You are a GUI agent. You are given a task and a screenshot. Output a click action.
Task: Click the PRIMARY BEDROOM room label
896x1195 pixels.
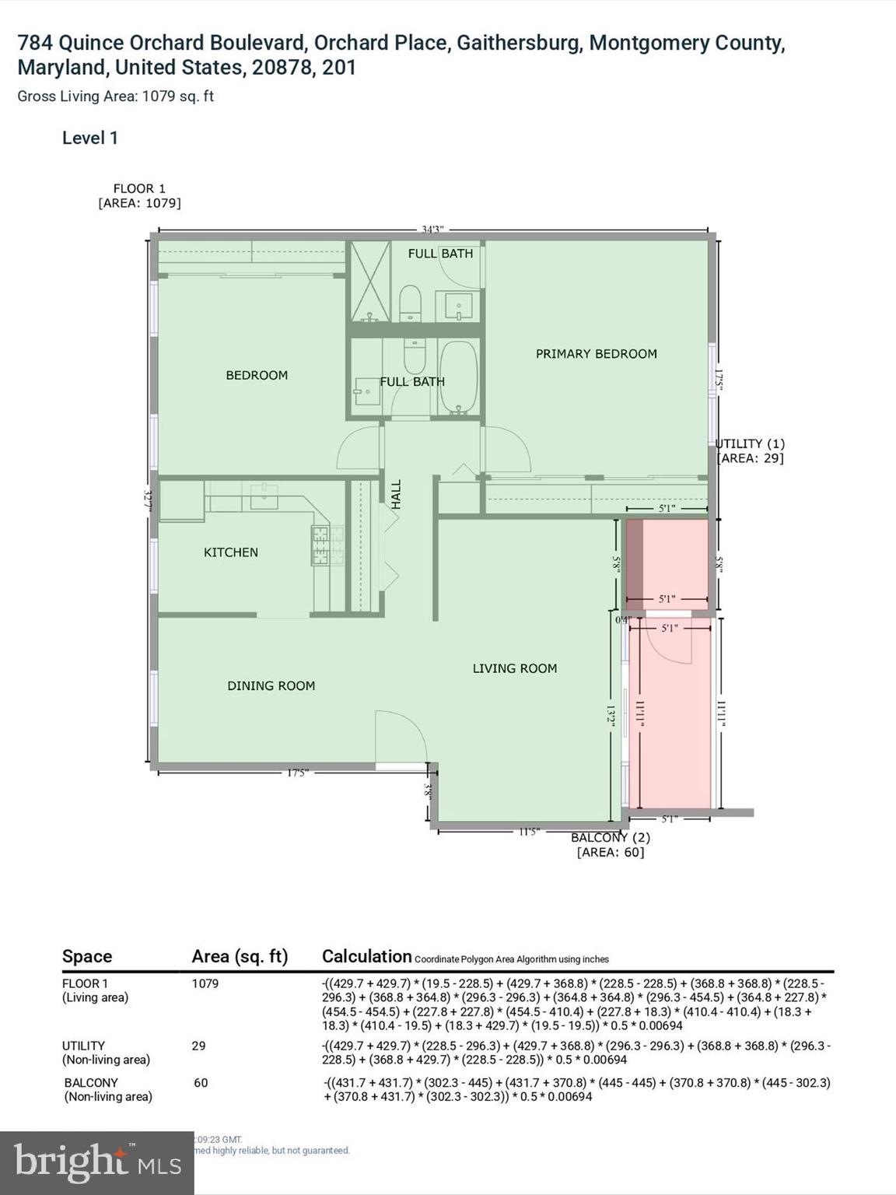coord(596,354)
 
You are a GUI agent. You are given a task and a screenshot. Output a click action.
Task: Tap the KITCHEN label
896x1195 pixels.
coord(230,552)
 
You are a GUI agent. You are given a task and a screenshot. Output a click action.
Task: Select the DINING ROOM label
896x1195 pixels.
coord(271,685)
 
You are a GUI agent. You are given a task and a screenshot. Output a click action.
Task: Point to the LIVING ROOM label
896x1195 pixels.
coord(514,668)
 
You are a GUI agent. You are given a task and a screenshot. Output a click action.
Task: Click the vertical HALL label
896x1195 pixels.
coord(396,495)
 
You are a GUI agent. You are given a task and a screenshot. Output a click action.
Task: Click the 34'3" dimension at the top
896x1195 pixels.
coord(432,230)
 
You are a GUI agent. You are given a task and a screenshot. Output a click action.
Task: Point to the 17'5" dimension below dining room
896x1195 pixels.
coord(297,773)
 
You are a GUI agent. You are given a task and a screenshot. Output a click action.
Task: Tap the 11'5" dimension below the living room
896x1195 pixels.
coord(528,832)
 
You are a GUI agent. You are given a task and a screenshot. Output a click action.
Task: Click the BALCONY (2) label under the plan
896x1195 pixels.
coord(610,838)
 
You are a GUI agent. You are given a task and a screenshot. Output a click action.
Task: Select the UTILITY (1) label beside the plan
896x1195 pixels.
coord(750,443)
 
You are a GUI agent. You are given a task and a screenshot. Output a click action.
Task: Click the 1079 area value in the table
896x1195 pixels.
coord(205,983)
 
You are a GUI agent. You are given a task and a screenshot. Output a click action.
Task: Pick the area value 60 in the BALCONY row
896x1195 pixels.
coord(201,1082)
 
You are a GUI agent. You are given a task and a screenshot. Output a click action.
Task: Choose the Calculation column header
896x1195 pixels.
coord(366,956)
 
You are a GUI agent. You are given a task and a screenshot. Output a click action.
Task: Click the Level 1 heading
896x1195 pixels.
coord(90,138)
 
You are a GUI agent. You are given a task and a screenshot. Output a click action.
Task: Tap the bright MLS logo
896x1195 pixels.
coord(96,1163)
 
